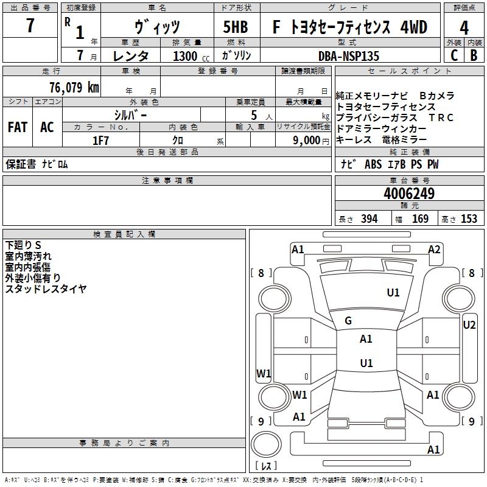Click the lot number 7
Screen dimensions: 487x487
click(x=30, y=26)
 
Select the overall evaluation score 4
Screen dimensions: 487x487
click(x=464, y=27)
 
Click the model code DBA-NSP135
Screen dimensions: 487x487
click(x=348, y=55)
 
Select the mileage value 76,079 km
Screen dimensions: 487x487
click(x=74, y=87)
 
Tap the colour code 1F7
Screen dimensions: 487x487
click(x=100, y=140)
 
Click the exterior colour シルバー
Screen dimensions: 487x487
click(x=130, y=115)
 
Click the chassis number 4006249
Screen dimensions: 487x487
click(x=409, y=194)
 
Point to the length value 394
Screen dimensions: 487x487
click(x=369, y=219)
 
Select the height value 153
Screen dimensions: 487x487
click(x=469, y=219)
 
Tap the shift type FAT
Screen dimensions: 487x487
click(x=17, y=127)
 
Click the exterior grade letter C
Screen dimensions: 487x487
click(x=454, y=55)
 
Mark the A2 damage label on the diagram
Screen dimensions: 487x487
click(x=434, y=249)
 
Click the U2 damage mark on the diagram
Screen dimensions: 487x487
click(x=469, y=324)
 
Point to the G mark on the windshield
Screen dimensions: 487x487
click(x=348, y=320)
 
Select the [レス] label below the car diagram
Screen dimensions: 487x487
click(x=265, y=466)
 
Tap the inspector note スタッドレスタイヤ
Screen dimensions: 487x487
click(x=46, y=289)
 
